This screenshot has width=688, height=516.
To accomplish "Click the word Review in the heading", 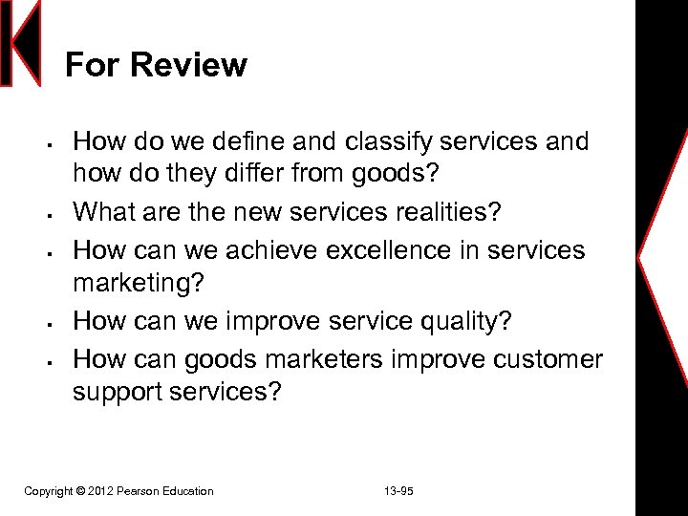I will point(188,65).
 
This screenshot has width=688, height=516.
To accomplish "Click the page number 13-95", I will point(398,491).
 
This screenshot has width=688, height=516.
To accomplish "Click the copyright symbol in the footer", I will point(80,491).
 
